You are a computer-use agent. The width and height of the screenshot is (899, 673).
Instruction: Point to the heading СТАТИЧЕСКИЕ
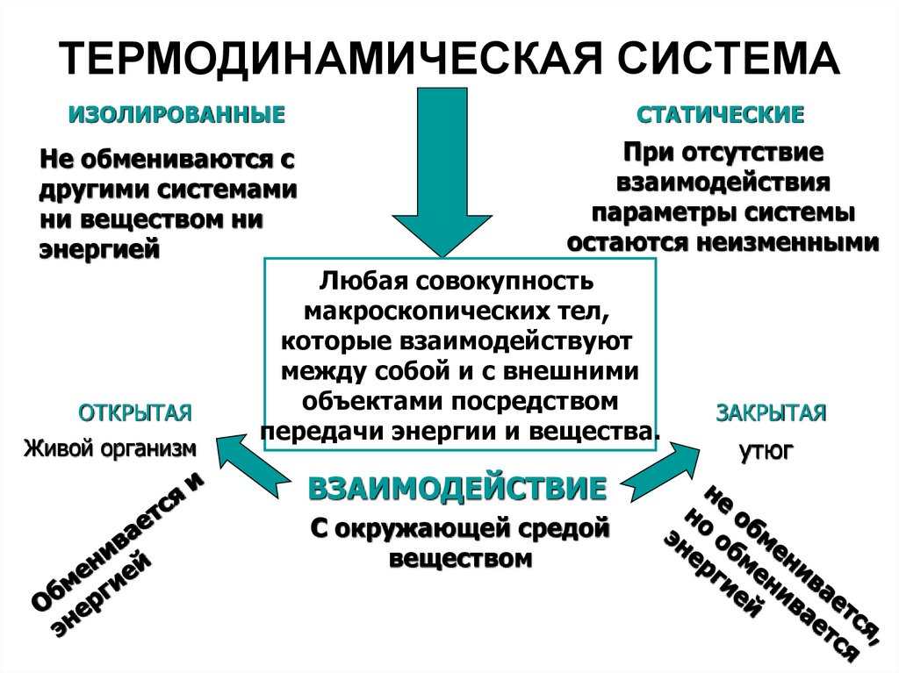click(x=721, y=115)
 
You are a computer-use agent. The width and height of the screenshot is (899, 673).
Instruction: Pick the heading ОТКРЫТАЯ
click(x=135, y=413)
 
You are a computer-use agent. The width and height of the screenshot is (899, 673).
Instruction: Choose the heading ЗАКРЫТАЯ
click(x=771, y=413)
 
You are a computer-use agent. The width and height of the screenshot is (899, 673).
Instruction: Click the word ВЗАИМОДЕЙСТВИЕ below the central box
click(x=457, y=488)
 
